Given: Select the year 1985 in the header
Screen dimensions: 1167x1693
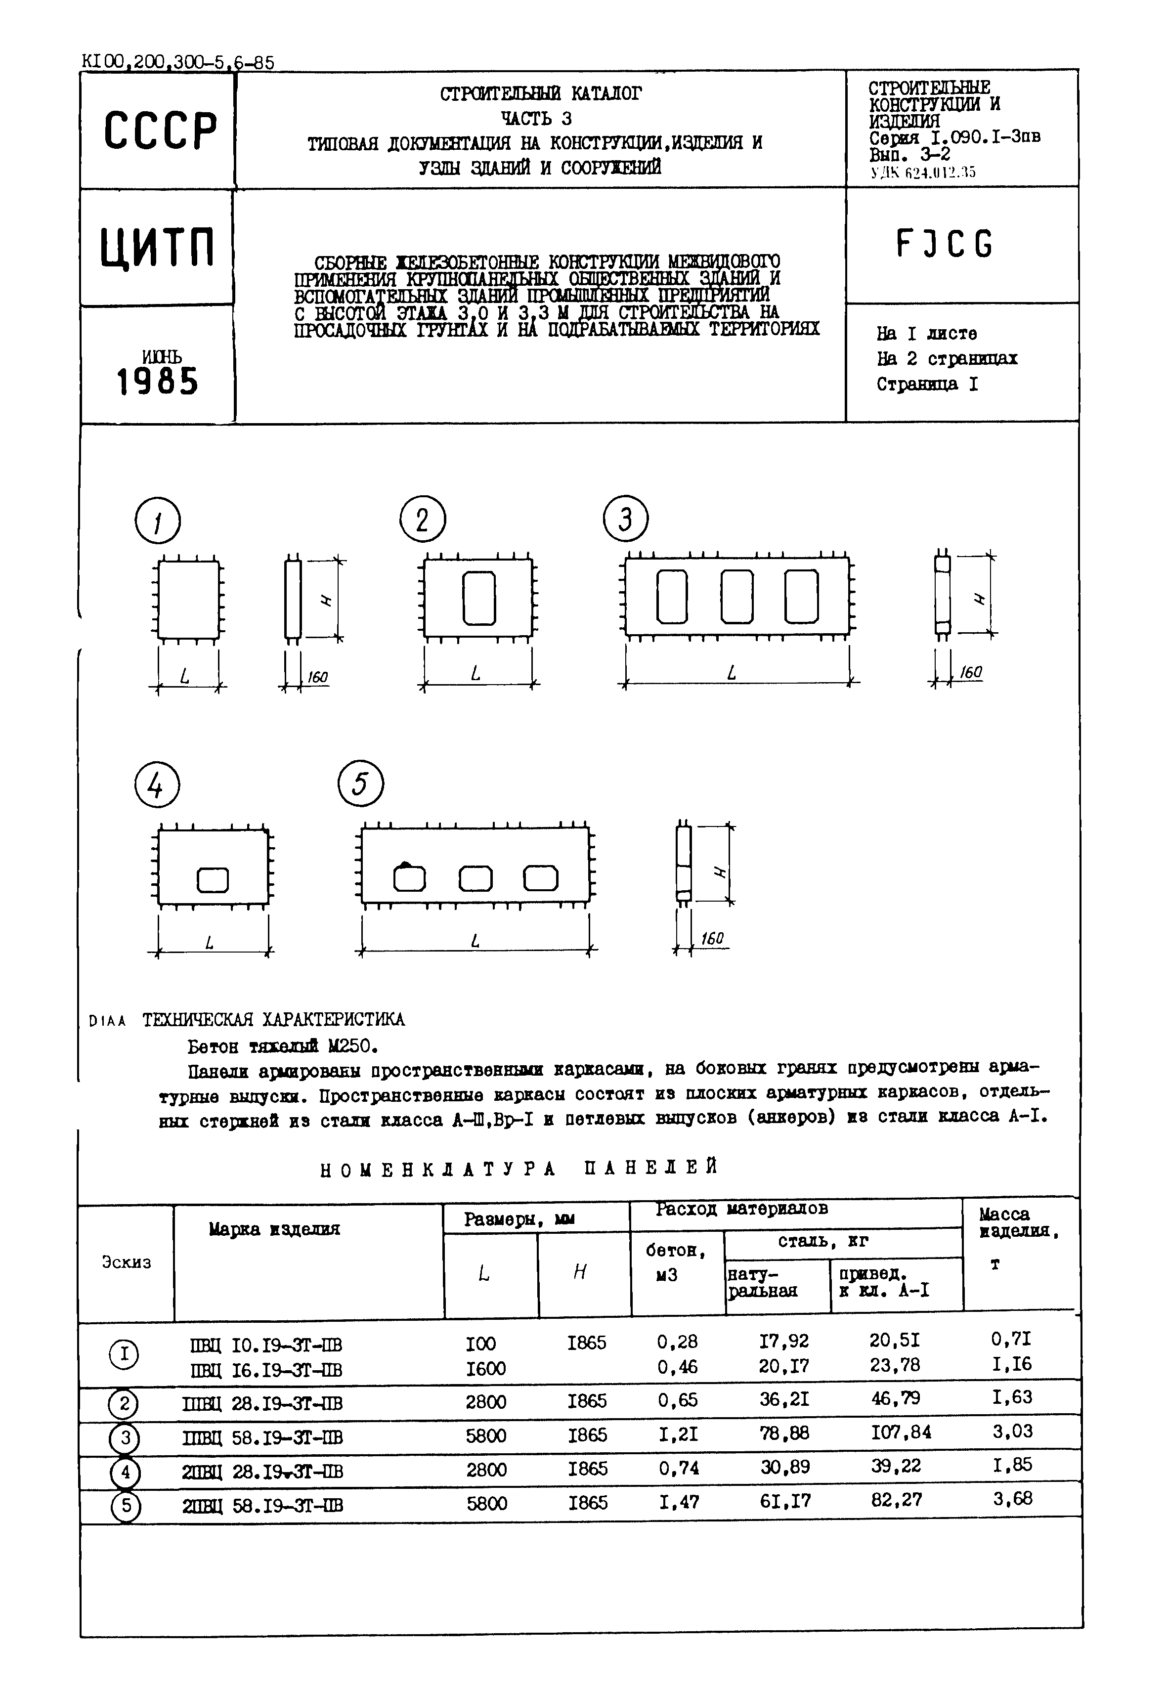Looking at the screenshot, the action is click(x=158, y=382).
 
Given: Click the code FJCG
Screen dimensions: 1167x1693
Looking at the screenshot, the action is click(x=944, y=244).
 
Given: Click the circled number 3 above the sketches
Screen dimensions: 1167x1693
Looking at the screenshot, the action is click(x=625, y=519).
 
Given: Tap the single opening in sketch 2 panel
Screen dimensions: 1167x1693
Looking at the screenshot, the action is click(x=479, y=598).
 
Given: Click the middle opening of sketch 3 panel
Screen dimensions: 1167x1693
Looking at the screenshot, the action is click(x=736, y=596).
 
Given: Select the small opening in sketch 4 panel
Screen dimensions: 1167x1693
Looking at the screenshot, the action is click(x=213, y=880).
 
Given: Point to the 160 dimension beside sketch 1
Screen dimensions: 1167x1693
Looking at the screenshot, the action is click(x=317, y=678).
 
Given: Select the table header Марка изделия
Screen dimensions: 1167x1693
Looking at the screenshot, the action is click(x=274, y=1229).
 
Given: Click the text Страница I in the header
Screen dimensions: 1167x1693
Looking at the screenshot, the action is click(x=926, y=385).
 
